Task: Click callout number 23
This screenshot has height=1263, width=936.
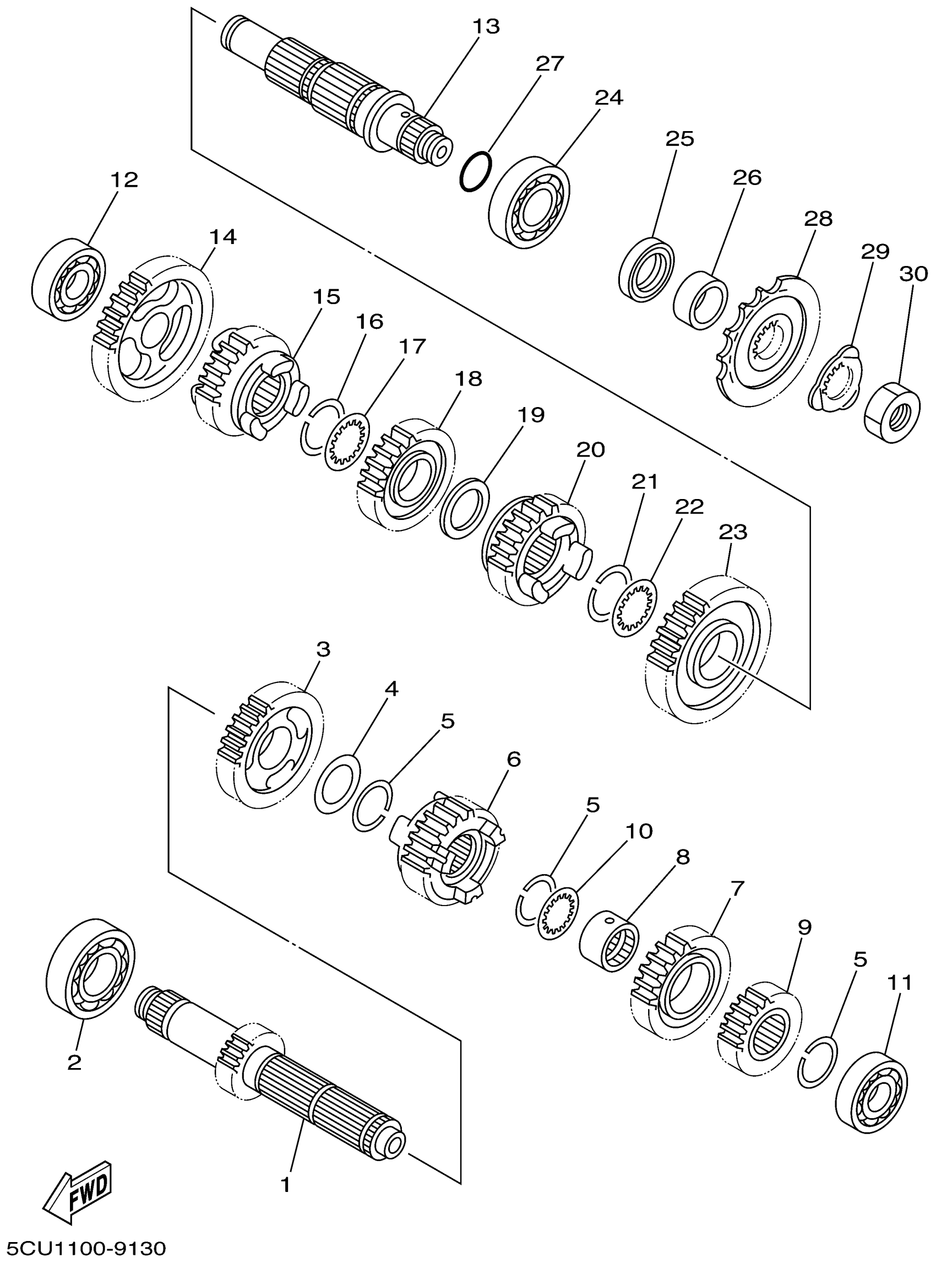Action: tap(733, 532)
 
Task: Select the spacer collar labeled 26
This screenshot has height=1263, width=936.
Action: tap(700, 300)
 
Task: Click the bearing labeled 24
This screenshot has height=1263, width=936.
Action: tap(529, 203)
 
